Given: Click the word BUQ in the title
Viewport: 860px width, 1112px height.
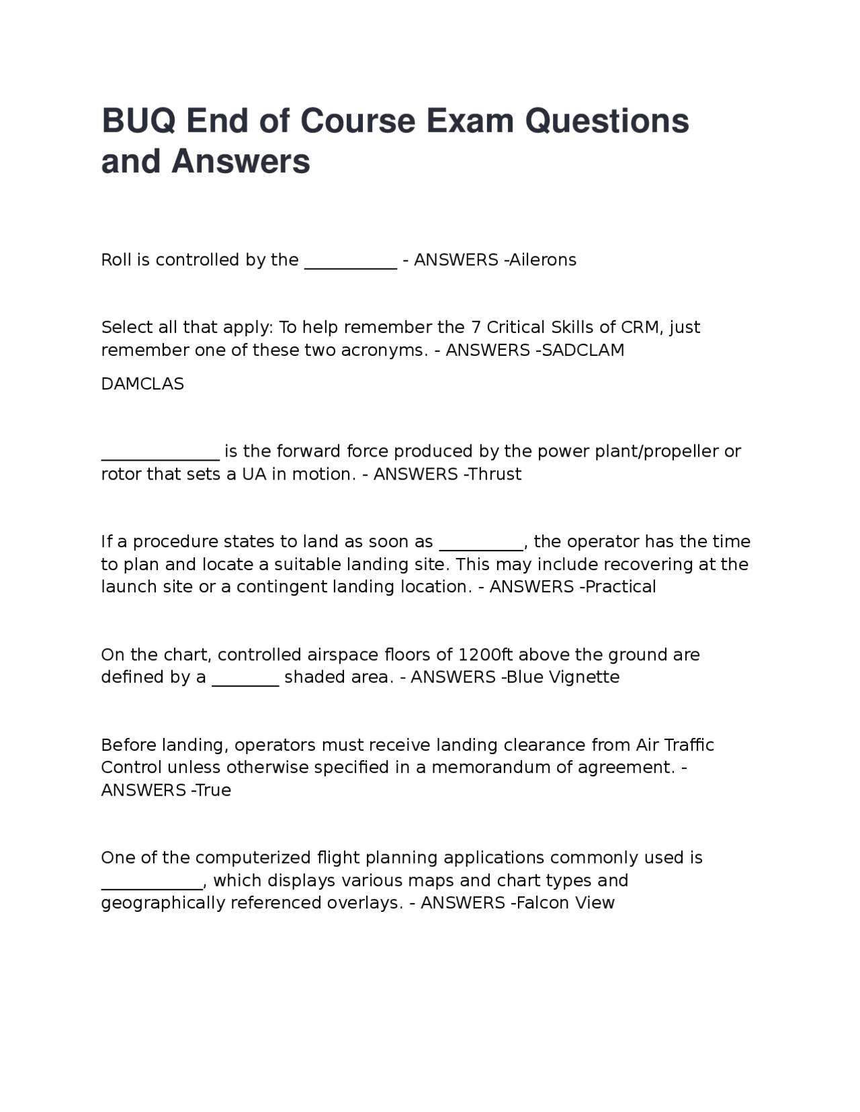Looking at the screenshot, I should click(139, 122).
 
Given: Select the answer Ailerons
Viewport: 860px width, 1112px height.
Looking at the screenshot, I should click(543, 260).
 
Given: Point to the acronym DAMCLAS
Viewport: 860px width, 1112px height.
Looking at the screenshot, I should click(142, 384).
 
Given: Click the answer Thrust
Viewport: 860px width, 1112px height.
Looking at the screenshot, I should click(494, 474).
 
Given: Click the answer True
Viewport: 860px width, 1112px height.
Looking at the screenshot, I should click(214, 790).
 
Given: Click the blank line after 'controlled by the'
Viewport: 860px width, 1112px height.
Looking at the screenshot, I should click(351, 265).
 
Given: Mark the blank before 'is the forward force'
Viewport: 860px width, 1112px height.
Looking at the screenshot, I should click(160, 457).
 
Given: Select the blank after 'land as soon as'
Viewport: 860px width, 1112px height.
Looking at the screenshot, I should click(481, 547).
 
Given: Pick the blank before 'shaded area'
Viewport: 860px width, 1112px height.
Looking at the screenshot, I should click(245, 682).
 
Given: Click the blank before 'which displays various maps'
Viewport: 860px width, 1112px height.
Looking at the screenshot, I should click(151, 886).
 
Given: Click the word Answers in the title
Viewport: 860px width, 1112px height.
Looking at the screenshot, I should click(241, 162).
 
